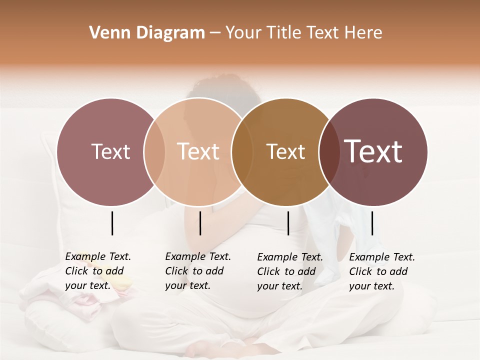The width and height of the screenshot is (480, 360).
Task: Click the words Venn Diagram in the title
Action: click(147, 33)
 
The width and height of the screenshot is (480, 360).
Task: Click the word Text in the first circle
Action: click(110, 151)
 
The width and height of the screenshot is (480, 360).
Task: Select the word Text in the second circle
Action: click(198, 151)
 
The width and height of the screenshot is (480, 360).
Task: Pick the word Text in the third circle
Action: click(285, 151)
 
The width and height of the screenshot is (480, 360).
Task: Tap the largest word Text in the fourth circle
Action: click(373, 151)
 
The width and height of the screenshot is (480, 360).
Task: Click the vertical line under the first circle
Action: click(112, 223)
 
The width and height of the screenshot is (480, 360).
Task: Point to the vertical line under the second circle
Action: click(200, 223)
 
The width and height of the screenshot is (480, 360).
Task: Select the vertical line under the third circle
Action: click(288, 223)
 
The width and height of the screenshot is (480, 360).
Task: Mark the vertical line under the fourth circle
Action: click(372, 223)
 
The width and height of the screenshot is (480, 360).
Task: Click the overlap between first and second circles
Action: click(154, 151)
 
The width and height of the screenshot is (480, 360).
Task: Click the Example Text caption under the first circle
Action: click(98, 271)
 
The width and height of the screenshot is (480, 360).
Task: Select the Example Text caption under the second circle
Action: click(198, 271)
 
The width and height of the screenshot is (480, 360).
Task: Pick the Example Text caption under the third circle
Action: click(290, 271)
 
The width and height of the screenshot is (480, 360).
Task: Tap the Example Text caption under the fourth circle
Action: click(382, 271)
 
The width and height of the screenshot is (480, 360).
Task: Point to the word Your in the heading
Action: click(243, 33)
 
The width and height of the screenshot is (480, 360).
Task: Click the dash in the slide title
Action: click(215, 33)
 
